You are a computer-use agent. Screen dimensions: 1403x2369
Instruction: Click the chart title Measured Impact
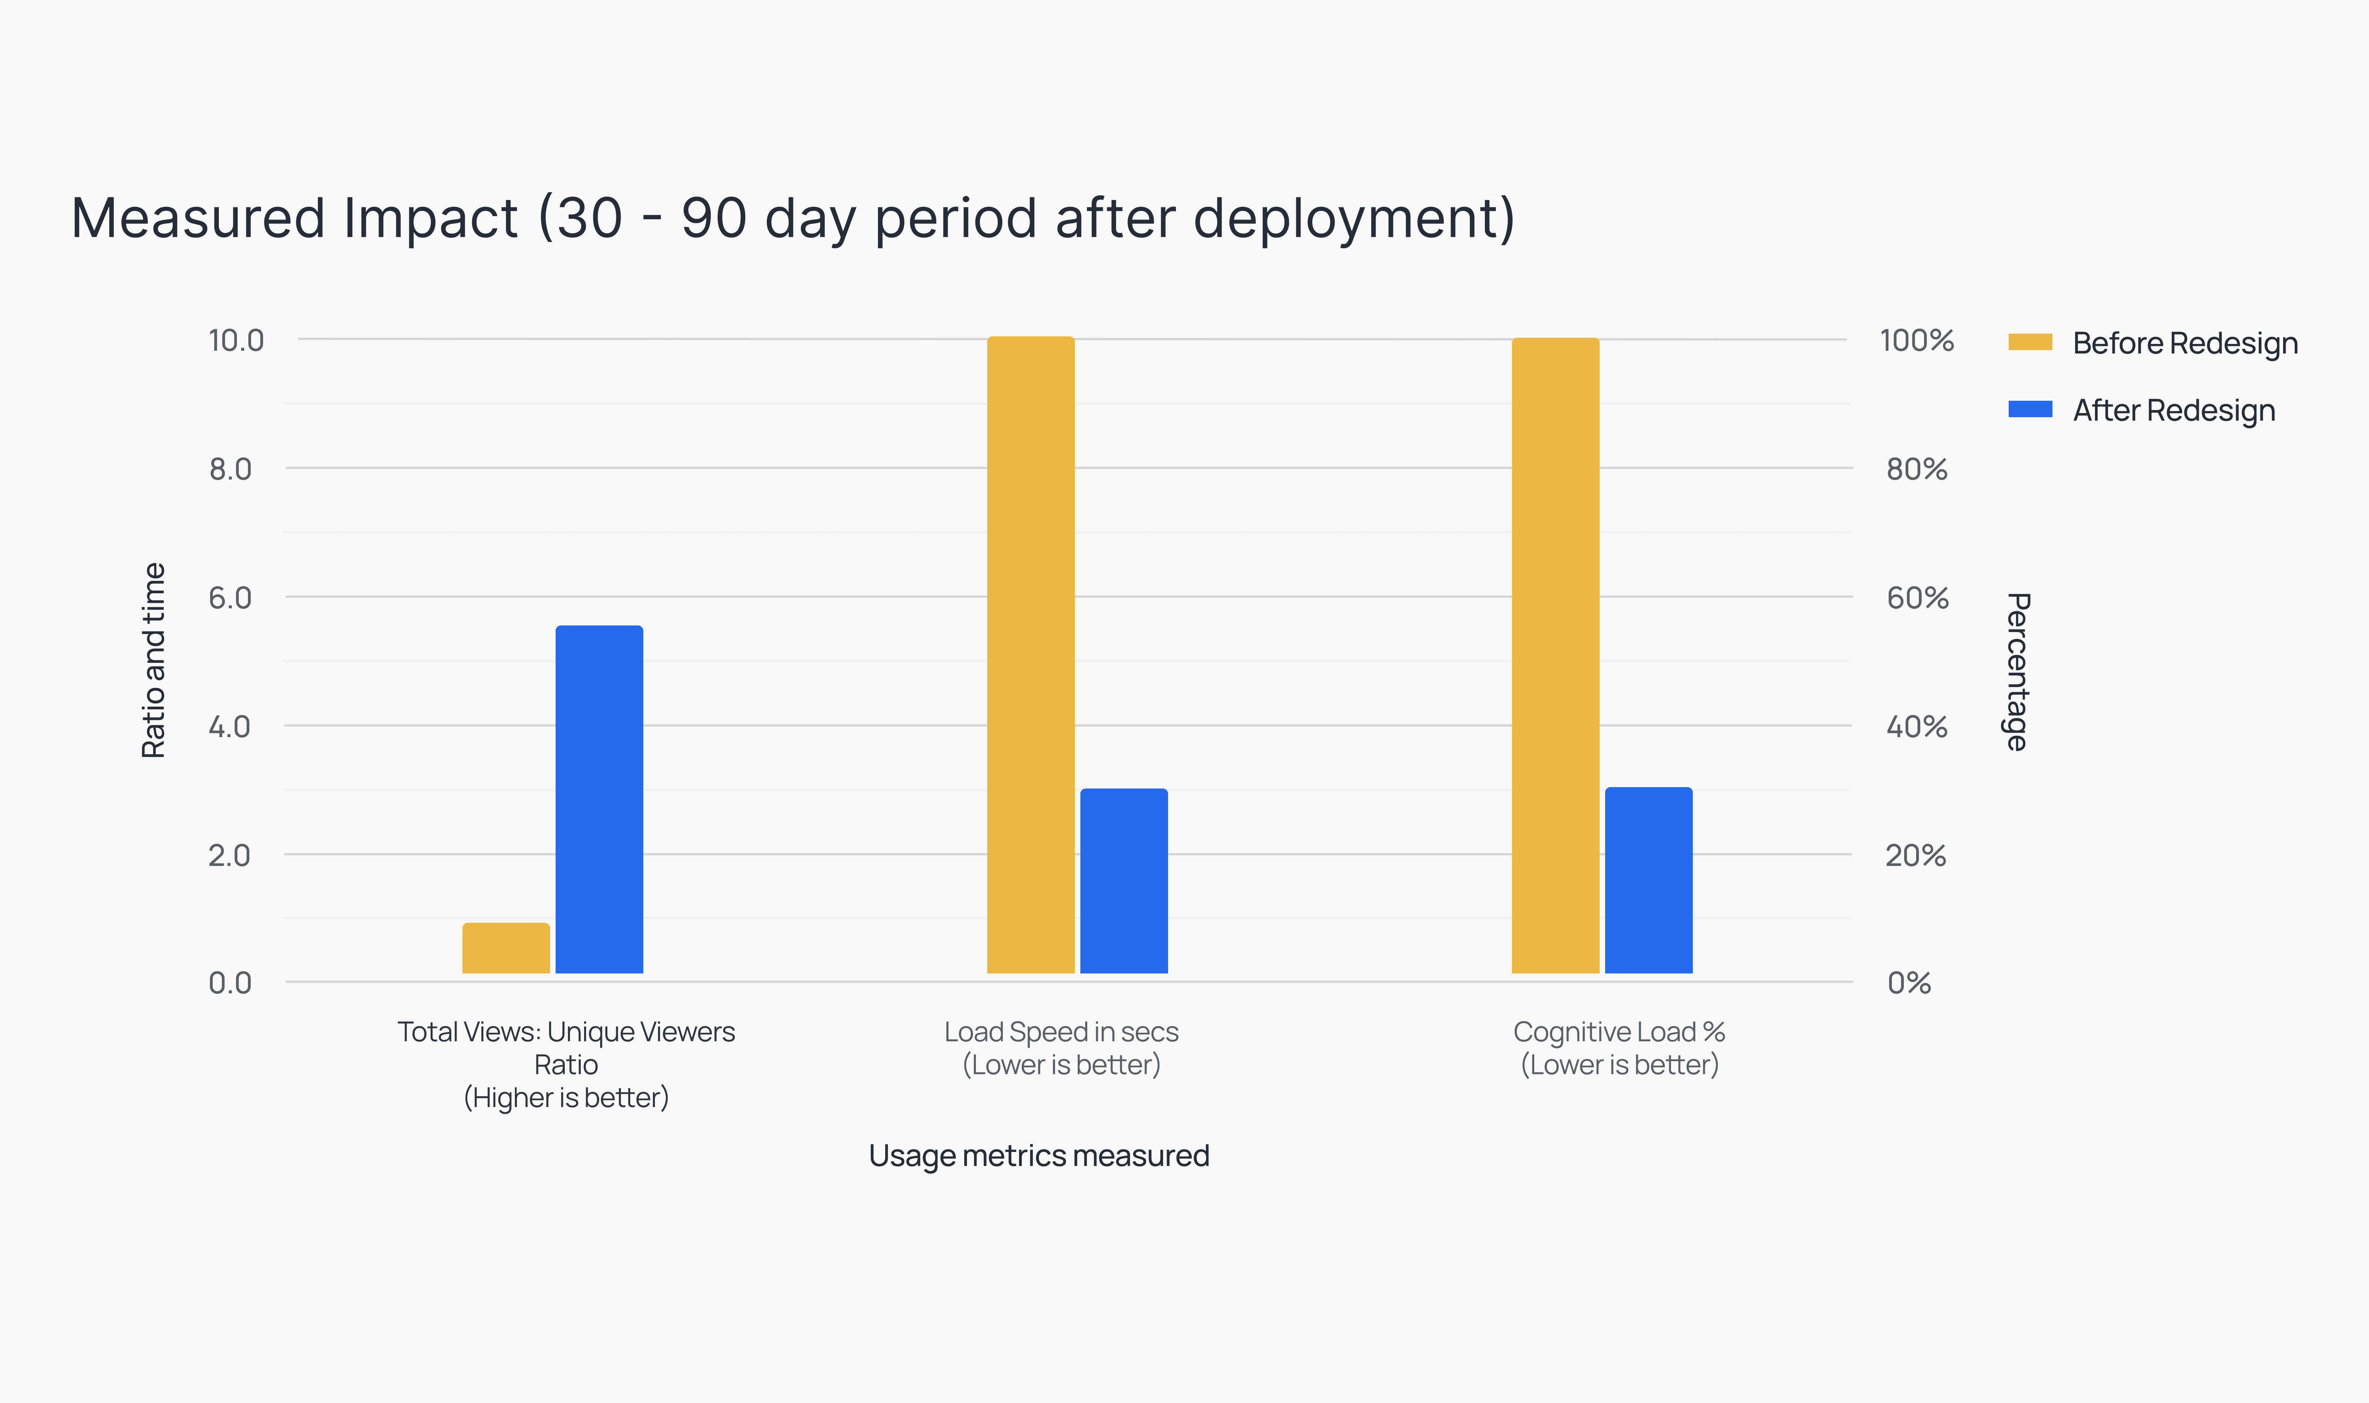pyautogui.click(x=792, y=219)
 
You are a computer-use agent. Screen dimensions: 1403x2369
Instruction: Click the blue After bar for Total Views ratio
pyautogui.click(x=599, y=799)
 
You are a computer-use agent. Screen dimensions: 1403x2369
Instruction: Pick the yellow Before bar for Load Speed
pyautogui.click(x=1030, y=654)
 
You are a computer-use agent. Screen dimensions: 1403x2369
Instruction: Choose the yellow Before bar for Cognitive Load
pyautogui.click(x=1555, y=654)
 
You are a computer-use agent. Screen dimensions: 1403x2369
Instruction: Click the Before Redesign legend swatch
pyautogui.click(x=2030, y=342)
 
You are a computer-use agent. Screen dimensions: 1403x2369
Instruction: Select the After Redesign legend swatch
pyautogui.click(x=2030, y=409)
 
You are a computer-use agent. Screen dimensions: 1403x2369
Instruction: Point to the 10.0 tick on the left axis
pyautogui.click(x=235, y=340)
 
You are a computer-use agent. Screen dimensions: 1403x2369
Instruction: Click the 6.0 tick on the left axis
pyautogui.click(x=230, y=597)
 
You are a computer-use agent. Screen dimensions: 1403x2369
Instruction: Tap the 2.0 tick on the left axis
pyautogui.click(x=230, y=856)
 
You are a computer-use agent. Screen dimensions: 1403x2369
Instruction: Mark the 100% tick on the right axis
pyautogui.click(x=1916, y=340)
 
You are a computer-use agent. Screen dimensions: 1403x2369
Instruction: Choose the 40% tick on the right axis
pyautogui.click(x=1916, y=727)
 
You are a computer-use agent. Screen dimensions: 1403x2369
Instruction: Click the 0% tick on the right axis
pyautogui.click(x=1909, y=983)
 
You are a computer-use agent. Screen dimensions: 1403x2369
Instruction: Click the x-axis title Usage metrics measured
pyautogui.click(x=1039, y=1155)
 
